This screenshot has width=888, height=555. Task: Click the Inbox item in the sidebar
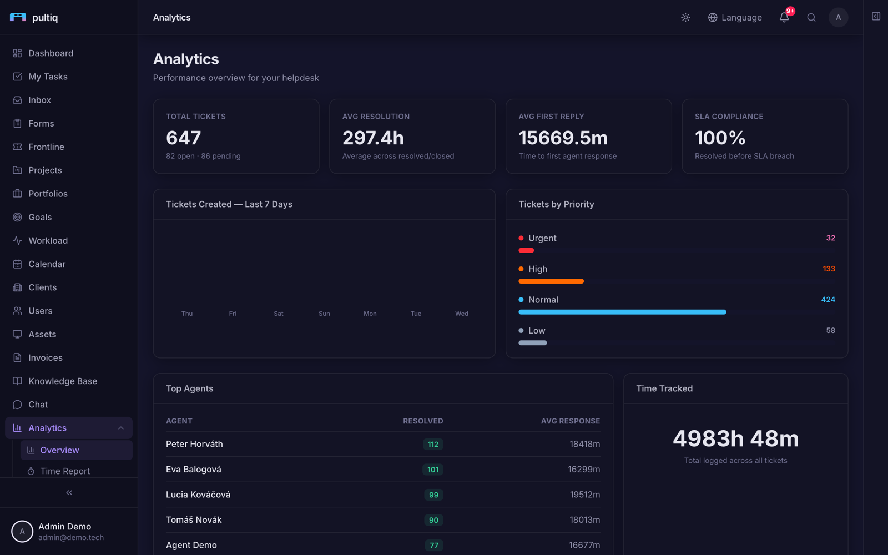(x=39, y=100)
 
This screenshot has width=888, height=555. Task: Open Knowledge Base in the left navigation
(x=62, y=381)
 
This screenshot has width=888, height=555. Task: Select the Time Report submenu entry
(x=65, y=471)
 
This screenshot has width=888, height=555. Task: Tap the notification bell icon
(x=784, y=17)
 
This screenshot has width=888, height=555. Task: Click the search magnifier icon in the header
(x=811, y=17)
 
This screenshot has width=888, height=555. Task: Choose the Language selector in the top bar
(x=735, y=17)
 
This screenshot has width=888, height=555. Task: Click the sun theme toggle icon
(x=685, y=17)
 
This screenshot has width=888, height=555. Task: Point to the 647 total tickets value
(x=184, y=138)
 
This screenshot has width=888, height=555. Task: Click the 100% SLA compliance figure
(x=720, y=138)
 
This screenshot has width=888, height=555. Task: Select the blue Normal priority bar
(x=622, y=312)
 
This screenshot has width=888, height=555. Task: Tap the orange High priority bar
(x=551, y=281)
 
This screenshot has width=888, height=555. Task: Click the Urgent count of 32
(x=830, y=238)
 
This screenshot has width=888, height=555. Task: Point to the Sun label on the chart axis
(x=324, y=314)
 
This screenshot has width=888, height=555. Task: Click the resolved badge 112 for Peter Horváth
(x=433, y=445)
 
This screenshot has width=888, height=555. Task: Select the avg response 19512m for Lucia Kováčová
(x=585, y=495)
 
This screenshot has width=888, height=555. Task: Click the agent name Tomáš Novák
(x=194, y=519)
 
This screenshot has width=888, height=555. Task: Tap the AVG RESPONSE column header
(x=571, y=421)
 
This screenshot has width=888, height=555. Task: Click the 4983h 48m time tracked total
(x=736, y=438)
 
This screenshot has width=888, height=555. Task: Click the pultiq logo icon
(x=18, y=17)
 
